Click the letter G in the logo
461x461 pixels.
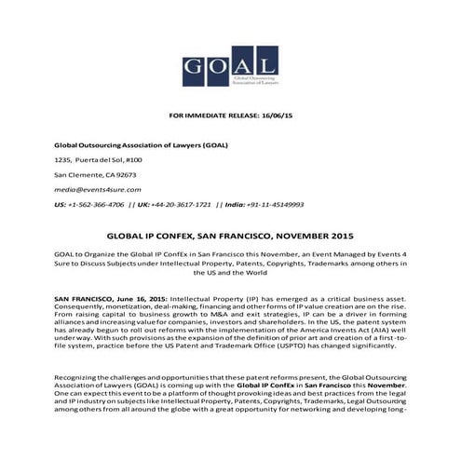(x=193, y=65)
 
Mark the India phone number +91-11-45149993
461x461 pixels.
(x=269, y=204)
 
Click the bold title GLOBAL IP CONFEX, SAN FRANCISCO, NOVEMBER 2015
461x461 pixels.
(x=231, y=237)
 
